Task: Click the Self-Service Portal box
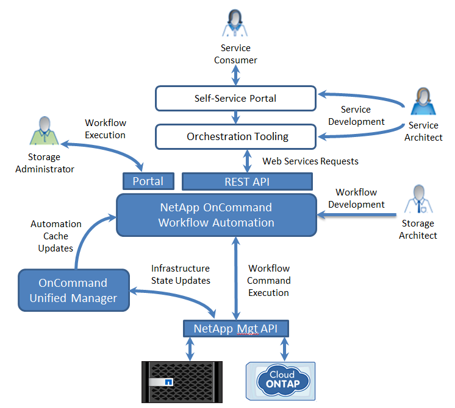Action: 235,98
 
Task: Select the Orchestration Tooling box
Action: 235,136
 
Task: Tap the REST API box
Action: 247,181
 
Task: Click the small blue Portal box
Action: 148,181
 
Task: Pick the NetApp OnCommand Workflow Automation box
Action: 217,215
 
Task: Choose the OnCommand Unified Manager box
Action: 73,290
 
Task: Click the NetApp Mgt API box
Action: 236,329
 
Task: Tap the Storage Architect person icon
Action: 418,199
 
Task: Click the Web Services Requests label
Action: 310,161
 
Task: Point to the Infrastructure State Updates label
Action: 181,275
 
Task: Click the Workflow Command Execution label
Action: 268,281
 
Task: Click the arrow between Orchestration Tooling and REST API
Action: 247,161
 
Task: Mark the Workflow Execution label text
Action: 105,128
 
